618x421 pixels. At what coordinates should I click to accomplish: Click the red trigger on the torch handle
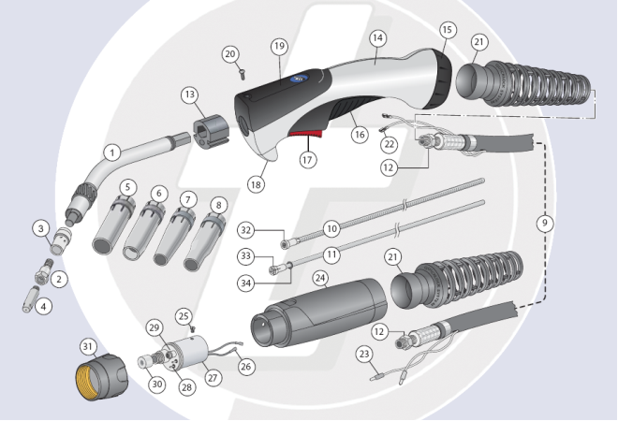pyautogui.click(x=305, y=135)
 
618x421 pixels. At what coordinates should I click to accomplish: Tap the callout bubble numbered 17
pyautogui.click(x=307, y=159)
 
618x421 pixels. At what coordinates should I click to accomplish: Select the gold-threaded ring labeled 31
pyautogui.click(x=102, y=377)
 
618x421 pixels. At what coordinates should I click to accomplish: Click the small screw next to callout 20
pyautogui.click(x=242, y=73)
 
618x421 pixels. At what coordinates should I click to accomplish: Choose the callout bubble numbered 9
pyautogui.click(x=545, y=224)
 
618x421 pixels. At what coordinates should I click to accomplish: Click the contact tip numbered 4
pyautogui.click(x=30, y=299)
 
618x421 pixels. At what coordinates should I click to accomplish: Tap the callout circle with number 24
pyautogui.click(x=320, y=278)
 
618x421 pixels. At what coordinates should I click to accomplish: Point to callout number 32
pyautogui.click(x=246, y=230)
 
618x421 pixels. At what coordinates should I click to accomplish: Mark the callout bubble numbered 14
pyautogui.click(x=377, y=37)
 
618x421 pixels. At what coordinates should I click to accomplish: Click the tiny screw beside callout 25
pyautogui.click(x=193, y=327)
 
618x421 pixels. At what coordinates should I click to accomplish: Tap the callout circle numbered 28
pyautogui.click(x=186, y=386)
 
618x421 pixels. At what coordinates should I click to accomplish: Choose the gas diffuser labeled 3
pyautogui.click(x=61, y=240)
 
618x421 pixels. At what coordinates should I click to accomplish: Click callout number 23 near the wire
pyautogui.click(x=364, y=354)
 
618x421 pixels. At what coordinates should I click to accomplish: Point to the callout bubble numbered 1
pyautogui.click(x=112, y=152)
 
